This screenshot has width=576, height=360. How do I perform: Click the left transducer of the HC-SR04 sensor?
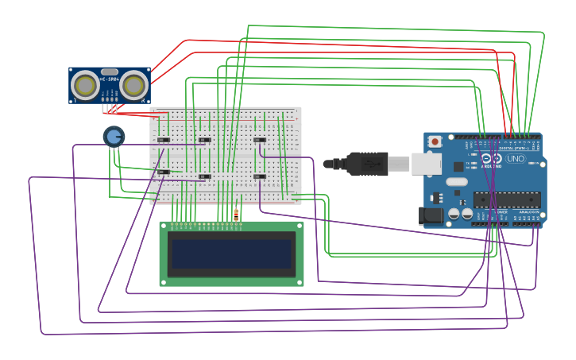pyautogui.click(x=85, y=85)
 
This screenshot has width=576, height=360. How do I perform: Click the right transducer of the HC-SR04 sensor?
pyautogui.click(x=134, y=85)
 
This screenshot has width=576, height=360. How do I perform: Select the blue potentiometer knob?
pyautogui.click(x=114, y=137)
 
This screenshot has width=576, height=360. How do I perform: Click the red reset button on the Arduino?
pyautogui.click(x=435, y=141)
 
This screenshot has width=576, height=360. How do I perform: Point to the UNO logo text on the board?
pyautogui.click(x=516, y=158)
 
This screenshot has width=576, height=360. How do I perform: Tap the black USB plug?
pyautogui.click(x=366, y=164)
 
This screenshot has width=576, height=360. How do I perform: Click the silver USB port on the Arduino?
pyautogui.click(x=426, y=164)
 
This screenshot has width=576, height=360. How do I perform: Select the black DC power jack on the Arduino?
pyautogui.click(x=431, y=215)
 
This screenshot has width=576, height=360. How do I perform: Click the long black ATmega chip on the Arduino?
pyautogui.click(x=507, y=199)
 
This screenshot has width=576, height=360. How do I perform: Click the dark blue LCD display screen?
pyautogui.click(x=231, y=254)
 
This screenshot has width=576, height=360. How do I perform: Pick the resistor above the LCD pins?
pyautogui.click(x=236, y=215)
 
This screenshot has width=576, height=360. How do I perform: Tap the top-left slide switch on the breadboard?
pyautogui.click(x=164, y=140)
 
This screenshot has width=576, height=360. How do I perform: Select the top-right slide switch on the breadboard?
pyautogui.click(x=260, y=140)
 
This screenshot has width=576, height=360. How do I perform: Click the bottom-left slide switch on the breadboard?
pyautogui.click(x=164, y=172)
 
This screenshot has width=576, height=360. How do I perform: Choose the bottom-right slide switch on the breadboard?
pyautogui.click(x=260, y=176)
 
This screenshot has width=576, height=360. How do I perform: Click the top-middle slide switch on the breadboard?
pyautogui.click(x=205, y=140)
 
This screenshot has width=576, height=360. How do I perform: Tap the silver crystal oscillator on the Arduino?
pyautogui.click(x=457, y=181)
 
